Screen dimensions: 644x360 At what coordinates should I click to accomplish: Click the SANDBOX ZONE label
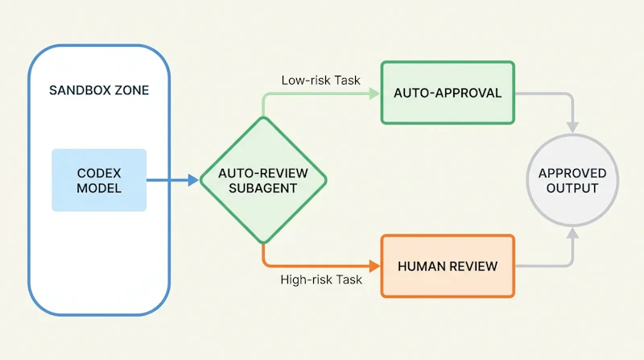click(x=99, y=90)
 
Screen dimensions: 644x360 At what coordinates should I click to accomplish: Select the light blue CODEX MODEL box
click(x=99, y=180)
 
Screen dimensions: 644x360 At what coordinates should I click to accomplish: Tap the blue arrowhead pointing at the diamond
click(x=193, y=180)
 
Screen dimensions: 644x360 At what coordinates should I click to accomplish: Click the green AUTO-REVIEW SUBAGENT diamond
click(x=263, y=180)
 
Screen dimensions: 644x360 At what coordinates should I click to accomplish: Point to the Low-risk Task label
click(x=320, y=81)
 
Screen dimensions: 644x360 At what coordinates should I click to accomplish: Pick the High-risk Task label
click(x=321, y=279)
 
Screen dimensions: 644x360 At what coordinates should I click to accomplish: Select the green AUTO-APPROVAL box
click(x=448, y=93)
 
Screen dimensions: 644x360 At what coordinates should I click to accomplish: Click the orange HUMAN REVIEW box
click(x=448, y=267)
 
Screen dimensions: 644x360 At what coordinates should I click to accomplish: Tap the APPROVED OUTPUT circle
click(x=572, y=180)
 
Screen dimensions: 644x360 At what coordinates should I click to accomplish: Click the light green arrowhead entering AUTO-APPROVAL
click(x=374, y=93)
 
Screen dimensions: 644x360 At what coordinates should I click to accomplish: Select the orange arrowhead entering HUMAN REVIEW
click(x=374, y=267)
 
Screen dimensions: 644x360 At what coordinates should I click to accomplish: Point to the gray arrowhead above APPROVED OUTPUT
click(x=572, y=127)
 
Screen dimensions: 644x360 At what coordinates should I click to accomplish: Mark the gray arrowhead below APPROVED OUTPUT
click(x=572, y=233)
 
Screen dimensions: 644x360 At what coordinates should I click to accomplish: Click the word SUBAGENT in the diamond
click(x=263, y=188)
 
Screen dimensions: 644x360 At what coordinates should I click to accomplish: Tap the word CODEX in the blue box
click(x=99, y=173)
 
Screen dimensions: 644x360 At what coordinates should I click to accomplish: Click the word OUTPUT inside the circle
click(x=572, y=188)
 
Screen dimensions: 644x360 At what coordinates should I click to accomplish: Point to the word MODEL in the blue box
click(x=99, y=188)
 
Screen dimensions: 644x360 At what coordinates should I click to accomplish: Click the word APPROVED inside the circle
click(x=572, y=173)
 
